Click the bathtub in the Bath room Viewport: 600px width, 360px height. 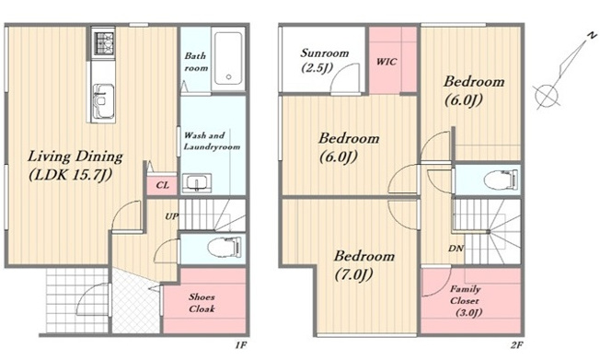(228, 58)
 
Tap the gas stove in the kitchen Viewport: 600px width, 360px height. (103, 42)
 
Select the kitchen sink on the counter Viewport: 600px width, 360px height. (103, 101)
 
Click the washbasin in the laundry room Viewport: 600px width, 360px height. (197, 182)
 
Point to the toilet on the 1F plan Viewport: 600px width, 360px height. (225, 247)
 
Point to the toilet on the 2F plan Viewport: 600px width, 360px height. (501, 179)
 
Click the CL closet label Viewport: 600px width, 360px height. (162, 185)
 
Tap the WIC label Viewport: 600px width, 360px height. (387, 62)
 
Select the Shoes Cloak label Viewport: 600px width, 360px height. (202, 303)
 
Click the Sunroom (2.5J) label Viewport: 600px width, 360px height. (325, 60)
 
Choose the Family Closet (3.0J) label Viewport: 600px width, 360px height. (466, 301)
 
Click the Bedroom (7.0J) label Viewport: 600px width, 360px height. (363, 265)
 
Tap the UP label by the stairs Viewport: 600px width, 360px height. (171, 216)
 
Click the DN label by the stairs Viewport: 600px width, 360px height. (456, 249)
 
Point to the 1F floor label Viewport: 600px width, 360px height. (241, 345)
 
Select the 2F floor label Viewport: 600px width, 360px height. (516, 345)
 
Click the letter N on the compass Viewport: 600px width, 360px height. (591, 36)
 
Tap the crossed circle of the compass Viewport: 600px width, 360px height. (547, 95)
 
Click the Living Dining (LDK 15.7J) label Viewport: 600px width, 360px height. (75, 166)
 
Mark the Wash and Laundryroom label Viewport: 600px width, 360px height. (212, 141)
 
